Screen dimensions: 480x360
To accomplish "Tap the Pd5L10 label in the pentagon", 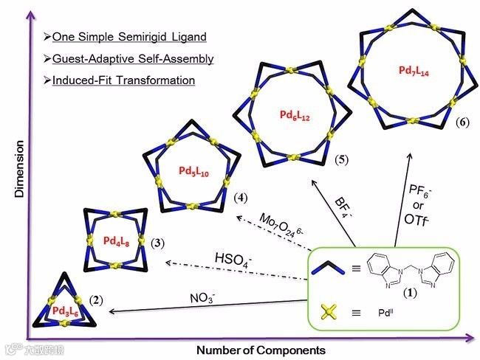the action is click(193, 170).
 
